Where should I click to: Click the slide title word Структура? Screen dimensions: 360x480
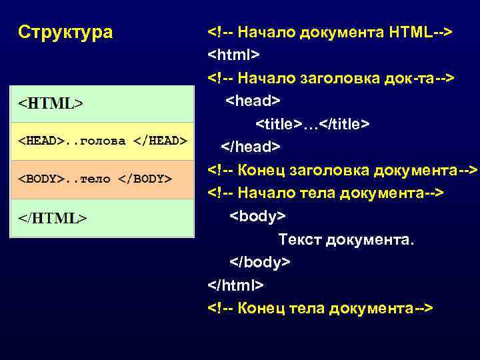tap(65, 32)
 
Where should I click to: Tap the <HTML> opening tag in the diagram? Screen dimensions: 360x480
tap(51, 104)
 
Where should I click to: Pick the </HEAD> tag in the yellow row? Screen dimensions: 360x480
tap(159, 141)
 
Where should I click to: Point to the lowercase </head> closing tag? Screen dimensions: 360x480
tap(251, 147)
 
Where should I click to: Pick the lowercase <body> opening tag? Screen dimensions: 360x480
tap(257, 217)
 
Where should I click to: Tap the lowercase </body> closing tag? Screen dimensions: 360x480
tap(260, 262)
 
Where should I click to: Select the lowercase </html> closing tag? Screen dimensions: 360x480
tap(236, 285)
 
